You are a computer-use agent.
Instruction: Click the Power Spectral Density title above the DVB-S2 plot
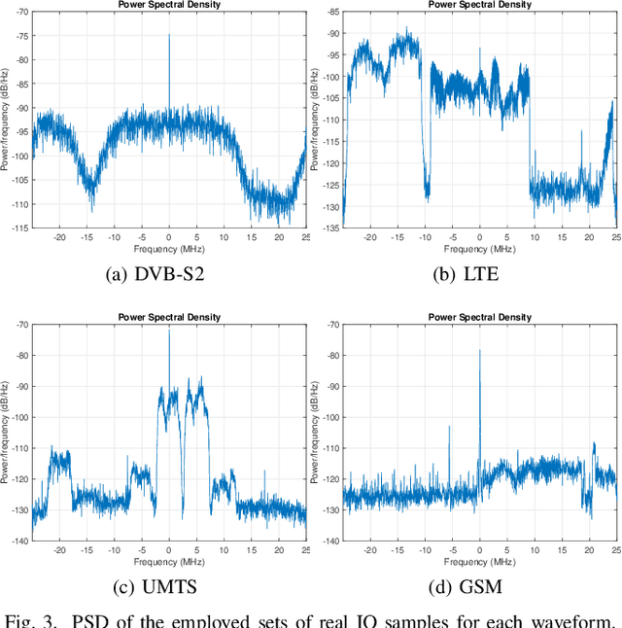click(169, 5)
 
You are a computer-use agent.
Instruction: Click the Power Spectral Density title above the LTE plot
click(480, 5)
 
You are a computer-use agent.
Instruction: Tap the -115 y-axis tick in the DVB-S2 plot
click(17, 228)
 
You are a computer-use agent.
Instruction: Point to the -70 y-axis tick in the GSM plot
click(330, 325)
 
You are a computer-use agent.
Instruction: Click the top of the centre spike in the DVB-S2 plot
click(169, 35)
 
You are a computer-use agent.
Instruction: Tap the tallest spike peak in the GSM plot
click(479, 351)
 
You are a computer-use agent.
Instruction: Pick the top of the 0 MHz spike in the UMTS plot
click(169, 331)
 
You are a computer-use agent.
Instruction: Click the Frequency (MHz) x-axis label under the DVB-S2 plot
click(169, 248)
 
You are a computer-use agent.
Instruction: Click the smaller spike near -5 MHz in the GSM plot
click(449, 426)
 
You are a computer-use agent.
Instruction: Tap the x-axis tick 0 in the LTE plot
click(479, 236)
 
